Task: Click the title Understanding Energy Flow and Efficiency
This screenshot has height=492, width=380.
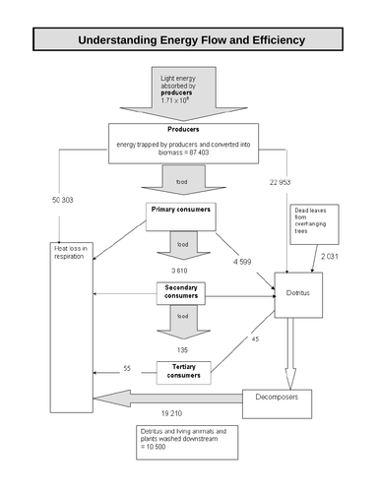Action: click(x=191, y=40)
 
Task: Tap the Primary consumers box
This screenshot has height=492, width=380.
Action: click(x=181, y=212)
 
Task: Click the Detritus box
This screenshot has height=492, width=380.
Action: click(x=293, y=291)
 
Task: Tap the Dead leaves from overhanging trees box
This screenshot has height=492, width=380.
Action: click(x=314, y=220)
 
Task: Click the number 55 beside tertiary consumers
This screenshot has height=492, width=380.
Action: click(x=127, y=368)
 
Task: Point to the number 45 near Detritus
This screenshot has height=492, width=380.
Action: click(x=255, y=339)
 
